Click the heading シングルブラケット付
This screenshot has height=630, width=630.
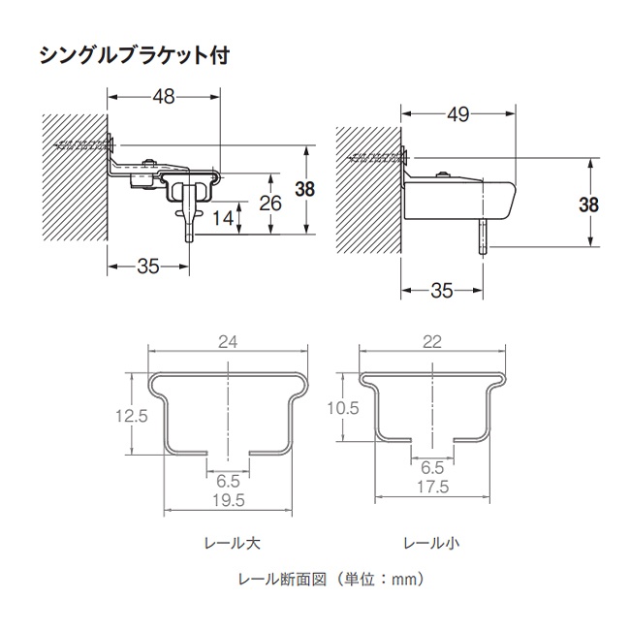click(134, 54)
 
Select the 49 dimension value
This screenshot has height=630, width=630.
click(457, 115)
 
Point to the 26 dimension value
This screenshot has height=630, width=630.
click(271, 203)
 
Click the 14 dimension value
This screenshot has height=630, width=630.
click(222, 218)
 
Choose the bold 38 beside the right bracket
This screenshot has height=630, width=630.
click(587, 205)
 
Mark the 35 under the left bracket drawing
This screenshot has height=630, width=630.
click(147, 268)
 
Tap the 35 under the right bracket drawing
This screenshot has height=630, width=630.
click(441, 289)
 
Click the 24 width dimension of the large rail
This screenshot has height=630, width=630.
click(228, 340)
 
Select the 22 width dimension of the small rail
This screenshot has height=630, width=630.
click(431, 340)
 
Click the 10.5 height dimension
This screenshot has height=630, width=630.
click(343, 409)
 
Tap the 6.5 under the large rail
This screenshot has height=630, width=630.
click(228, 480)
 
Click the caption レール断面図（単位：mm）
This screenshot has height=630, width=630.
click(331, 580)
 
